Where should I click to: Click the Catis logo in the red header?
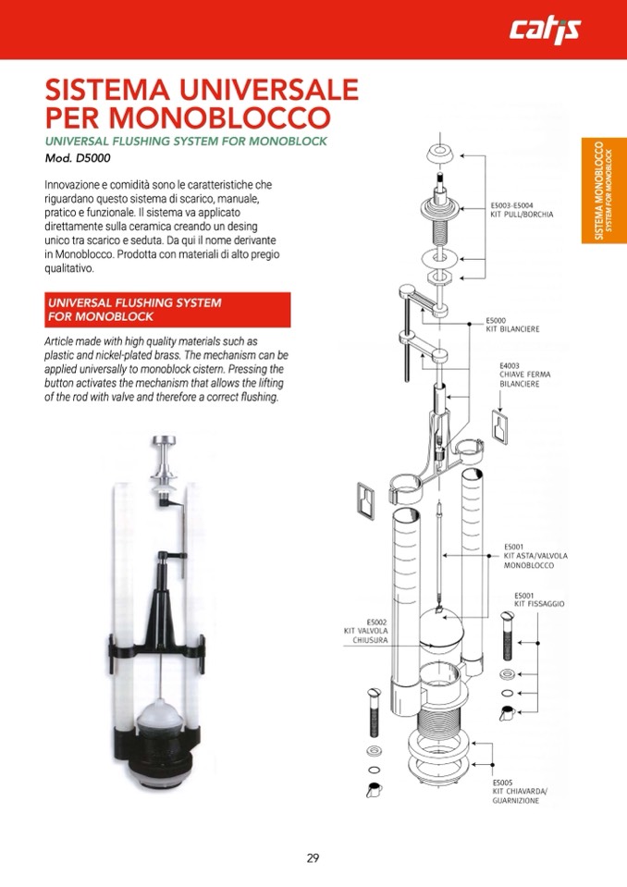tap(546, 30)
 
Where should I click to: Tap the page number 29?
tap(313, 857)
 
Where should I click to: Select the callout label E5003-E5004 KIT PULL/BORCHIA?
tap(522, 209)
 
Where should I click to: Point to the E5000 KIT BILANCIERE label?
tap(512, 325)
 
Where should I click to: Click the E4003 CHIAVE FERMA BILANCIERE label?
tap(524, 374)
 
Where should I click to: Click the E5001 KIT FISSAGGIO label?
tap(539, 599)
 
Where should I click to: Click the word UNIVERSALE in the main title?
tap(269, 91)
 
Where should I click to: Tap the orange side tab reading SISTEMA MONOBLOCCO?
tap(603, 191)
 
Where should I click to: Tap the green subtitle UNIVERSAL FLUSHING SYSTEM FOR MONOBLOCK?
tap(187, 141)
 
